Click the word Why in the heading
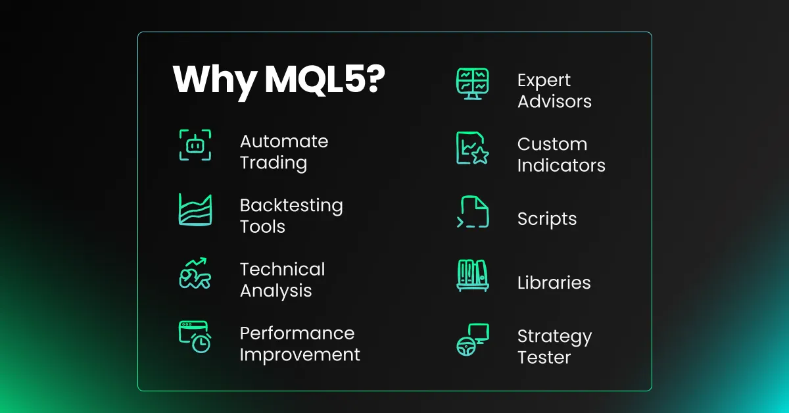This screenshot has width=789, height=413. tap(214, 80)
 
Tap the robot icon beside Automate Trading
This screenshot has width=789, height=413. tap(195, 145)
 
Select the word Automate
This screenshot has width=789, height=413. tap(284, 141)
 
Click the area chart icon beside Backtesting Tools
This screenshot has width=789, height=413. tap(195, 209)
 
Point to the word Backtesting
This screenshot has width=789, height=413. tap(291, 206)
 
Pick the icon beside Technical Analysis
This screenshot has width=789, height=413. tap(195, 273)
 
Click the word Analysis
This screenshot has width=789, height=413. tap(275, 291)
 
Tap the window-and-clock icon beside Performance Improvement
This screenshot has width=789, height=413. tap(195, 337)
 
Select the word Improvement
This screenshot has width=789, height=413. tap(300, 354)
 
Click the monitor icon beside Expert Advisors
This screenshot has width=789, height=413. tap(473, 84)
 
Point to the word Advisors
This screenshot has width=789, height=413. tap(554, 101)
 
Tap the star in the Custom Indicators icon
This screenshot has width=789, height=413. tap(480, 155)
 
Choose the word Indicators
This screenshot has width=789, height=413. tap(562, 165)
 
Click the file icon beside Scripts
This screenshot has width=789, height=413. tap(473, 212)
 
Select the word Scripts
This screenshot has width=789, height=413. tap(547, 220)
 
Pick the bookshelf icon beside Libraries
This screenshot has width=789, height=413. tap(473, 276)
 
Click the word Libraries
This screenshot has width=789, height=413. tap(554, 283)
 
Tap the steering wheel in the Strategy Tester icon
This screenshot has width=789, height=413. tap(466, 347)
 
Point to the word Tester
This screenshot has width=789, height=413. tap(544, 358)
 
